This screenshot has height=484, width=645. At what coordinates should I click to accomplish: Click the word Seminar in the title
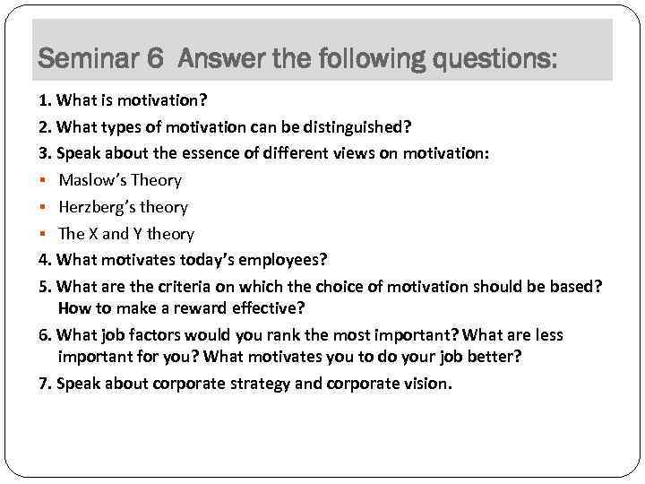88,60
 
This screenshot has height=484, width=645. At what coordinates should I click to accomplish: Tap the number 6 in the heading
155,60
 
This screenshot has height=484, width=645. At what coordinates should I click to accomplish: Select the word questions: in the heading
494,60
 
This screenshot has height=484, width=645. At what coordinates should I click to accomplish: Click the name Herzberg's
98,207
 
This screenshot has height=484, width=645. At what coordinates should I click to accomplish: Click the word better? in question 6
494,357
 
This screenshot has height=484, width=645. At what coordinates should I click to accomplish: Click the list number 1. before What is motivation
44,99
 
